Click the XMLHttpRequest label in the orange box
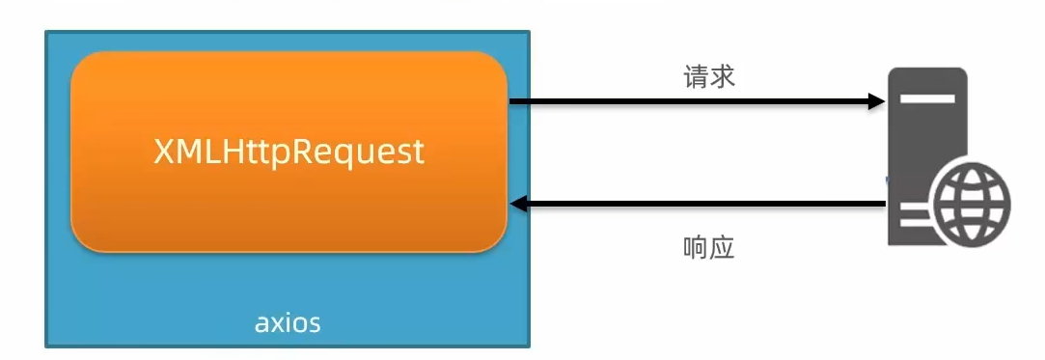tap(289, 153)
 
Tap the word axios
tap(288, 323)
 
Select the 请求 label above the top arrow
tap(708, 76)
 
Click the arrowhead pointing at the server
tap(876, 101)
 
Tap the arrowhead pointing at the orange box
tap(519, 204)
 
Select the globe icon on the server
tap(973, 204)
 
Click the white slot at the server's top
tap(927, 98)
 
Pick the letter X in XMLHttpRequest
tap(164, 152)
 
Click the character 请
tap(696, 76)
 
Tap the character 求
tap(722, 76)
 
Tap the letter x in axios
tap(277, 324)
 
